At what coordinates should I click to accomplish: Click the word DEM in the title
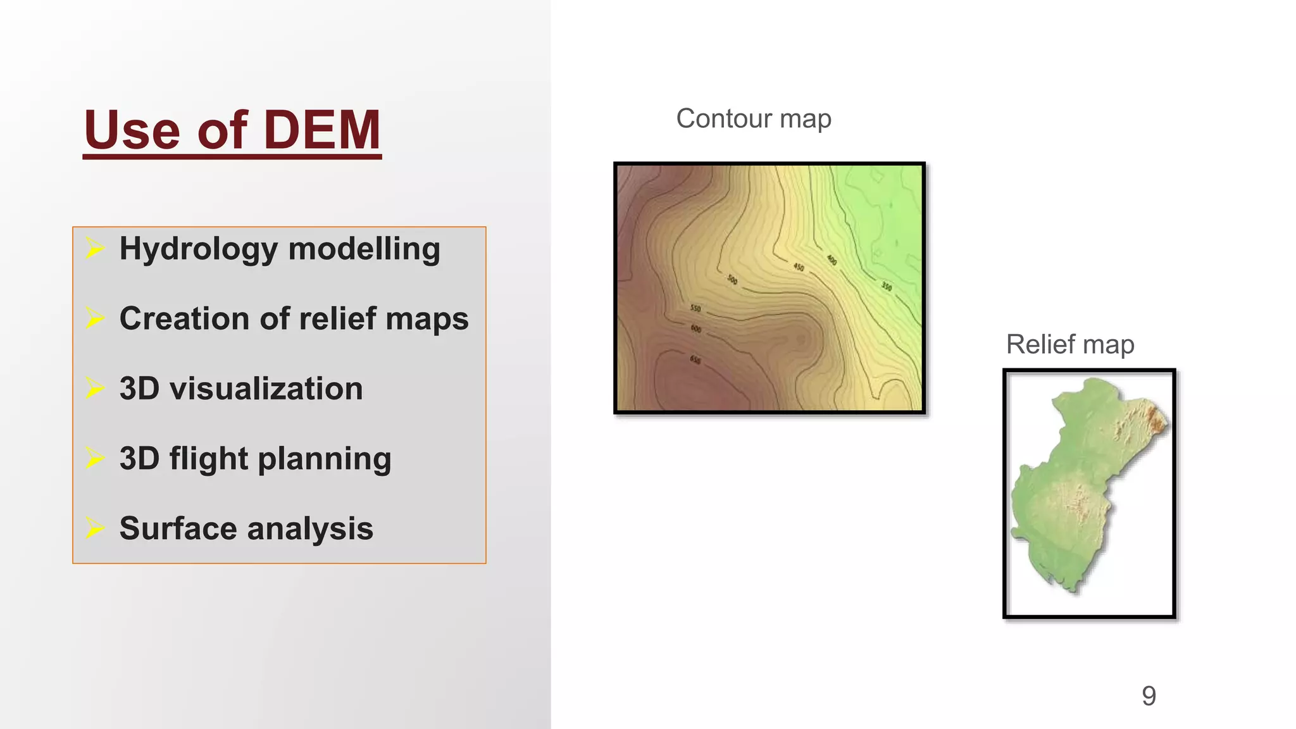click(321, 130)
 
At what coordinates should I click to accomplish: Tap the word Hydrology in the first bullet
click(198, 249)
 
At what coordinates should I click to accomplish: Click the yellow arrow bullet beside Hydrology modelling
click(95, 248)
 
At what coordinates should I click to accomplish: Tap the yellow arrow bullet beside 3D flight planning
click(95, 458)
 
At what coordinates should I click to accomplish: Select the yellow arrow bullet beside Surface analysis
click(95, 528)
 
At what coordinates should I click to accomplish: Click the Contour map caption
click(753, 119)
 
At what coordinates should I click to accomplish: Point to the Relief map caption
click(1069, 345)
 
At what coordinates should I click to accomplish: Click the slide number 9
click(1149, 696)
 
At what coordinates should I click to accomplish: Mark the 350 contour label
click(887, 287)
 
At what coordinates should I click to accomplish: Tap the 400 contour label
click(832, 260)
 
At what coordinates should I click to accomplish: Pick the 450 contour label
click(799, 267)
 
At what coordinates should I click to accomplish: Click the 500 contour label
click(732, 279)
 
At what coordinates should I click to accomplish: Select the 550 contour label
click(695, 308)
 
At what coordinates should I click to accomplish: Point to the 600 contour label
click(696, 328)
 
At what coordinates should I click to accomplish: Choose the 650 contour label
click(695, 359)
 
